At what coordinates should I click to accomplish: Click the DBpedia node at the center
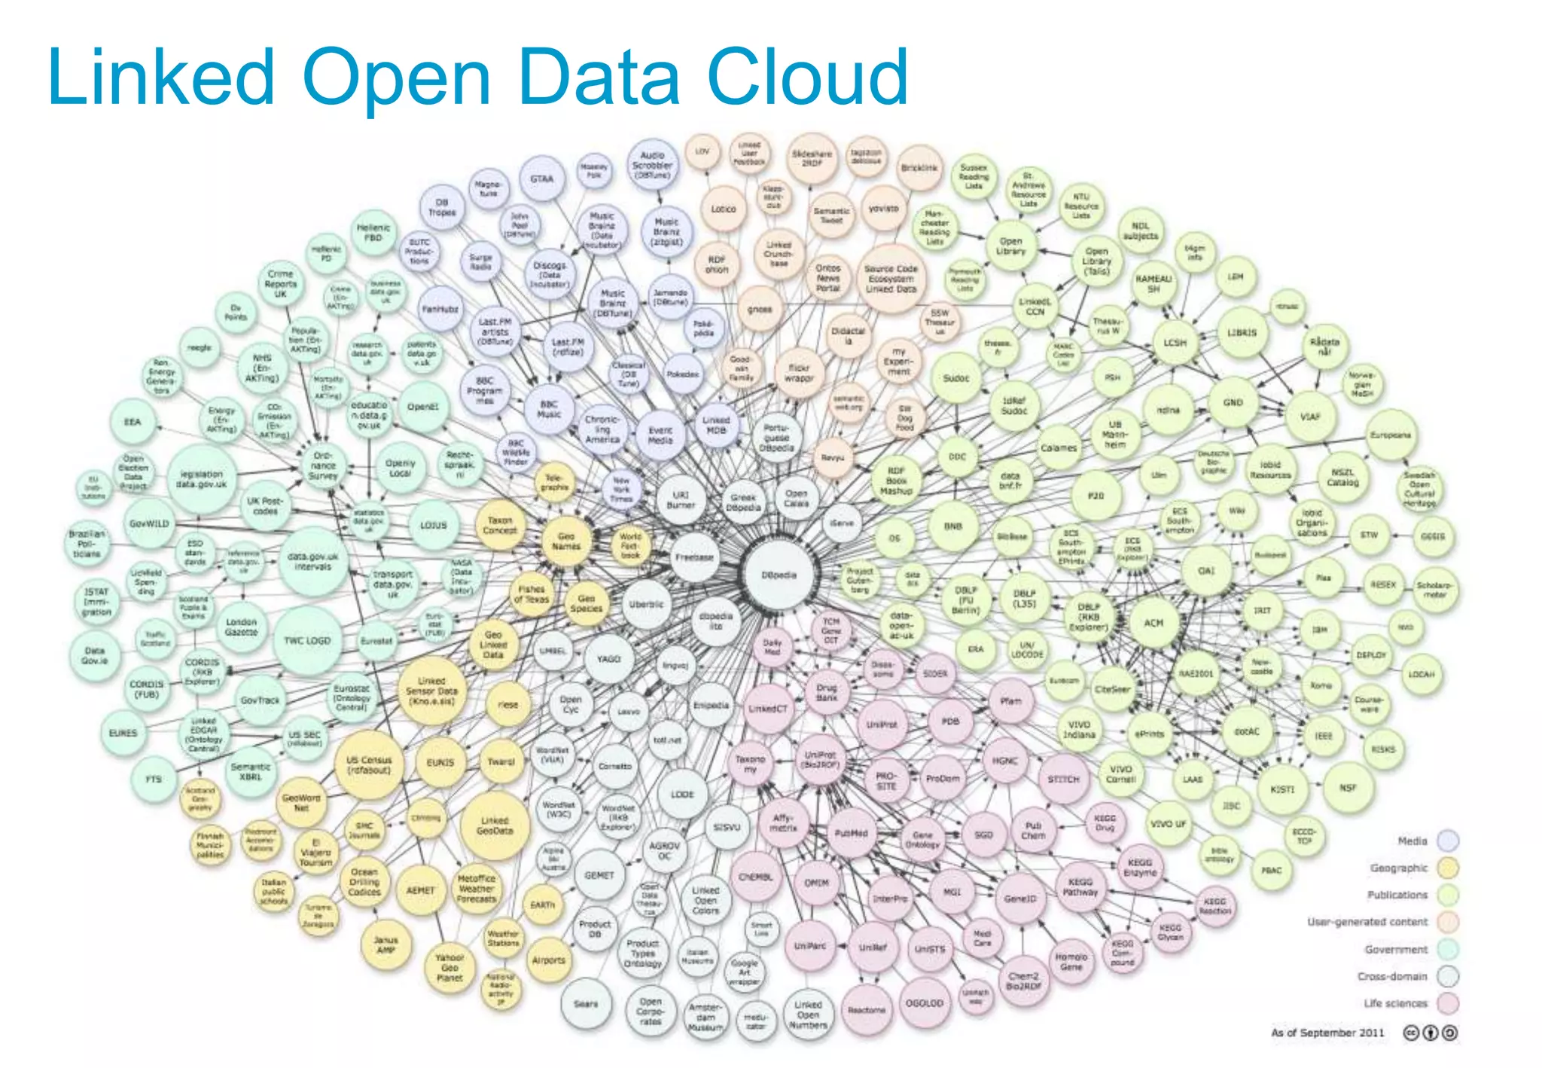(x=779, y=575)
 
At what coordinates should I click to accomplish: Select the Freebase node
(x=694, y=557)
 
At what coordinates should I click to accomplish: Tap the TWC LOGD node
(x=307, y=641)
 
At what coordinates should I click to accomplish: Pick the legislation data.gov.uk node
(x=202, y=479)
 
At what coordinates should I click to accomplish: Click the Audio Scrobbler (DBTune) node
(x=652, y=165)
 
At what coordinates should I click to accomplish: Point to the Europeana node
(x=1391, y=435)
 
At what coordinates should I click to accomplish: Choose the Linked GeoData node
(x=495, y=825)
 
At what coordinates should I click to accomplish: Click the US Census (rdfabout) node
(x=369, y=764)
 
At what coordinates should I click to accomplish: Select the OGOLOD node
(x=924, y=1003)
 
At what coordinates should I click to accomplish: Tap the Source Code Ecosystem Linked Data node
(x=891, y=279)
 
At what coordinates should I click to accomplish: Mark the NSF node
(x=1347, y=788)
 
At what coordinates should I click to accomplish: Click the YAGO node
(x=608, y=659)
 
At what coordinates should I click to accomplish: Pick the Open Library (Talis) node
(x=1096, y=261)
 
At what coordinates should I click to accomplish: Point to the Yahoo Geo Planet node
(x=449, y=968)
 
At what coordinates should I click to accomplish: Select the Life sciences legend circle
(x=1447, y=1003)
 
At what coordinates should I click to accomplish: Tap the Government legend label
(x=1396, y=950)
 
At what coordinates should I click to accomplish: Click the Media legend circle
(x=1447, y=841)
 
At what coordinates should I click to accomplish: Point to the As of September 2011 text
(x=1327, y=1033)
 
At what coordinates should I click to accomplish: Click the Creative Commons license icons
(x=1430, y=1033)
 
